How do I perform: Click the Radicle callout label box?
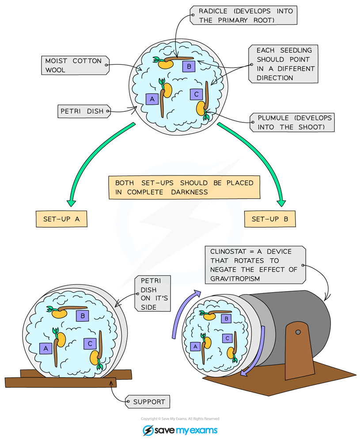244,15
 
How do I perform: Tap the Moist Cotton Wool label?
75,65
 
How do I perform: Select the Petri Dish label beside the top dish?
84,111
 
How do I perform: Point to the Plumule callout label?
292,122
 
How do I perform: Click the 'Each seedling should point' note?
284,64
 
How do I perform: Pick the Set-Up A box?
61,219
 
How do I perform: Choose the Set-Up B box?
270,219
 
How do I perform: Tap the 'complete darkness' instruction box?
184,187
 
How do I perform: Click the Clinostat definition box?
255,265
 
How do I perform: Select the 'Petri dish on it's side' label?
152,293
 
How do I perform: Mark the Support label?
148,401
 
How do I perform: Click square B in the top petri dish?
189,66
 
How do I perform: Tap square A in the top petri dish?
152,99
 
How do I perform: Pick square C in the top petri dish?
196,94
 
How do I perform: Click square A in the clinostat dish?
195,347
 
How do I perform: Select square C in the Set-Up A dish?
90,343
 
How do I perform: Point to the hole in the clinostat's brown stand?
298,332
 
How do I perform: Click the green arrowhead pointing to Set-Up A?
71,203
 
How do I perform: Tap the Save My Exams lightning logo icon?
148,431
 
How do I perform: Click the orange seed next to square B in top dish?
165,64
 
